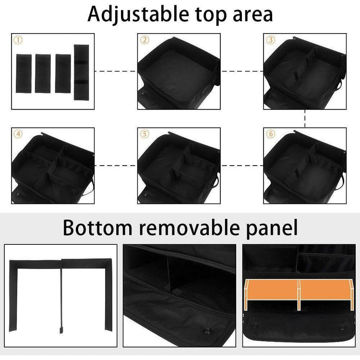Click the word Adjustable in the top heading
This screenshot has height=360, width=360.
tap(138, 14)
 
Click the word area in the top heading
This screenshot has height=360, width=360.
tap(253, 15)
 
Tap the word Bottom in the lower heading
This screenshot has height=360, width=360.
tap(97, 228)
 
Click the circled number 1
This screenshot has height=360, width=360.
tap(18, 40)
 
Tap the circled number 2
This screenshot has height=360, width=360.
tap(144, 40)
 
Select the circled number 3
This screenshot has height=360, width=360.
tap(271, 40)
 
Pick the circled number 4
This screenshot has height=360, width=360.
tap(18, 134)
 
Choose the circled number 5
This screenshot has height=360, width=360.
tap(144, 134)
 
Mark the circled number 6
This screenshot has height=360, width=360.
tap(271, 134)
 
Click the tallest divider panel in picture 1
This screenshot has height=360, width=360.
tap(81, 72)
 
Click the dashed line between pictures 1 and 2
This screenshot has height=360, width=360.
tap(116, 71)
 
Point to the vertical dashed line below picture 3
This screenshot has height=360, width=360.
tap(305, 118)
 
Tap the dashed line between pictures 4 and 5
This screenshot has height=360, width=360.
tap(116, 166)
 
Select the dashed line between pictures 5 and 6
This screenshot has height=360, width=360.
tap(242, 166)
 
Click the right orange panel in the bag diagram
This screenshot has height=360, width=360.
tap(325, 289)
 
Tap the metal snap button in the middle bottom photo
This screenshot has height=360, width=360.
tap(207, 331)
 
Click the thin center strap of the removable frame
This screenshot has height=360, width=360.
tap(61, 297)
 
